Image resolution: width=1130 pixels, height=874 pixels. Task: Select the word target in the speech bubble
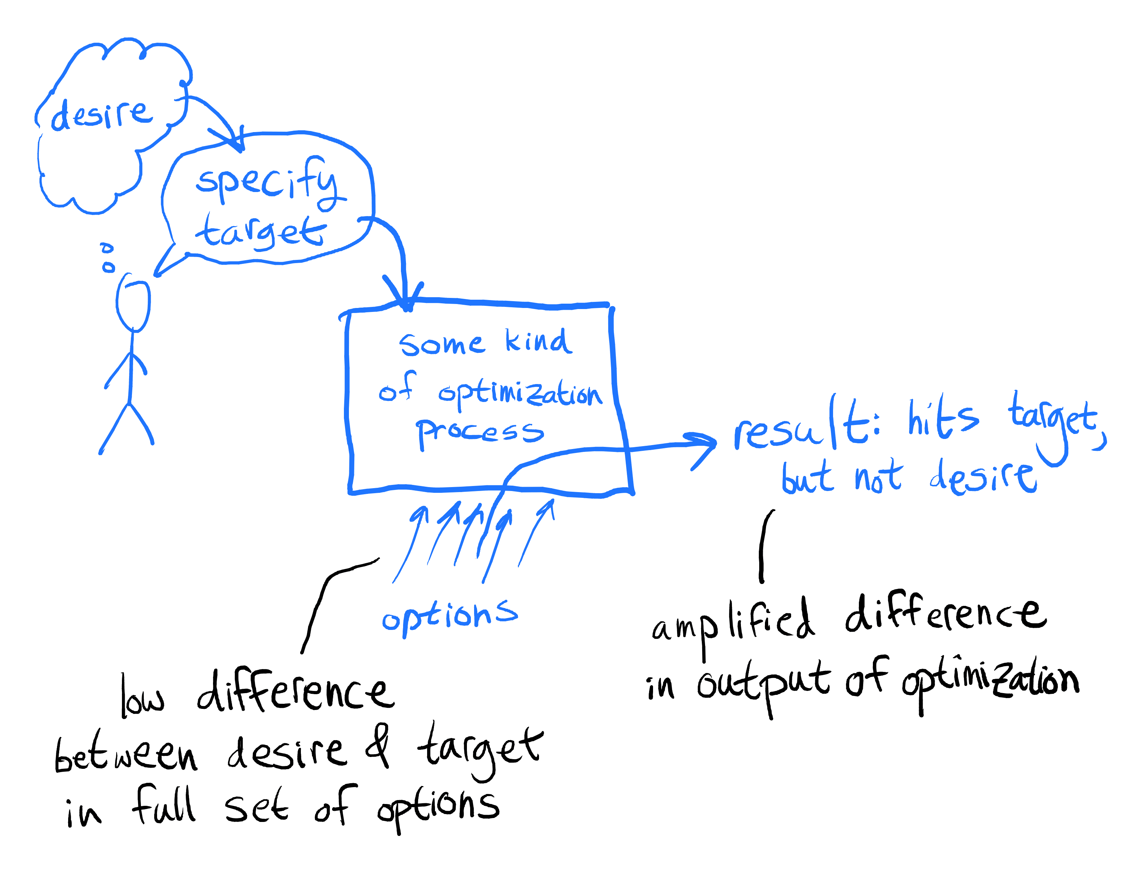pos(261,232)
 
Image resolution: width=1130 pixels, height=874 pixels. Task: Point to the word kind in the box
pos(538,342)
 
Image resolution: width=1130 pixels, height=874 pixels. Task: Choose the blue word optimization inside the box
pos(520,393)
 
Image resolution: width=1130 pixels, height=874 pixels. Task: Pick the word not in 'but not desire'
pos(878,477)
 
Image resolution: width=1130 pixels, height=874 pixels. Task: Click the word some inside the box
pos(441,344)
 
